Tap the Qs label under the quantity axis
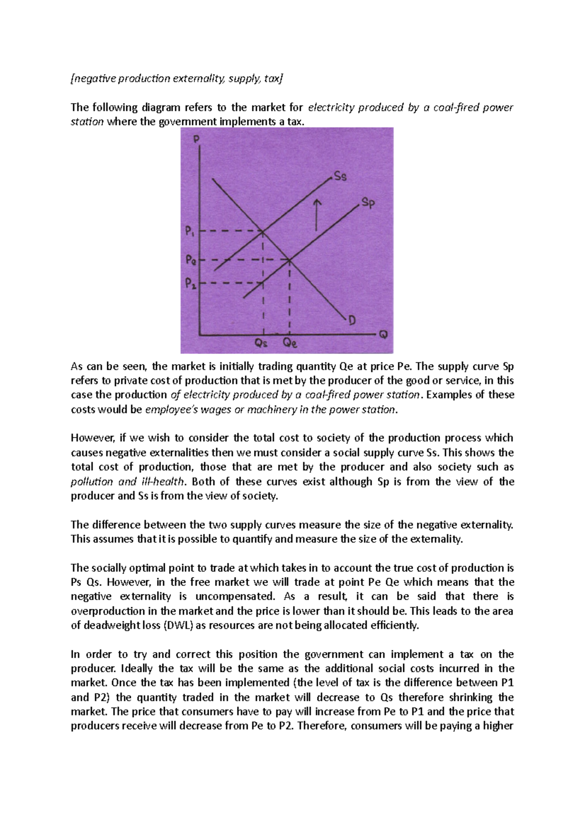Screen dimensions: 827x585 [x=262, y=343]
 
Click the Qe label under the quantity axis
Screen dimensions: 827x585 [x=290, y=343]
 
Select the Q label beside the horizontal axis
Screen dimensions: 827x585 [x=384, y=335]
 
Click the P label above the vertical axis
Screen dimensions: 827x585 [x=196, y=139]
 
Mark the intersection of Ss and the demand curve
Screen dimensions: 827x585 [x=263, y=231]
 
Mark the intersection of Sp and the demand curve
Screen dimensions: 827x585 [x=290, y=260]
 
